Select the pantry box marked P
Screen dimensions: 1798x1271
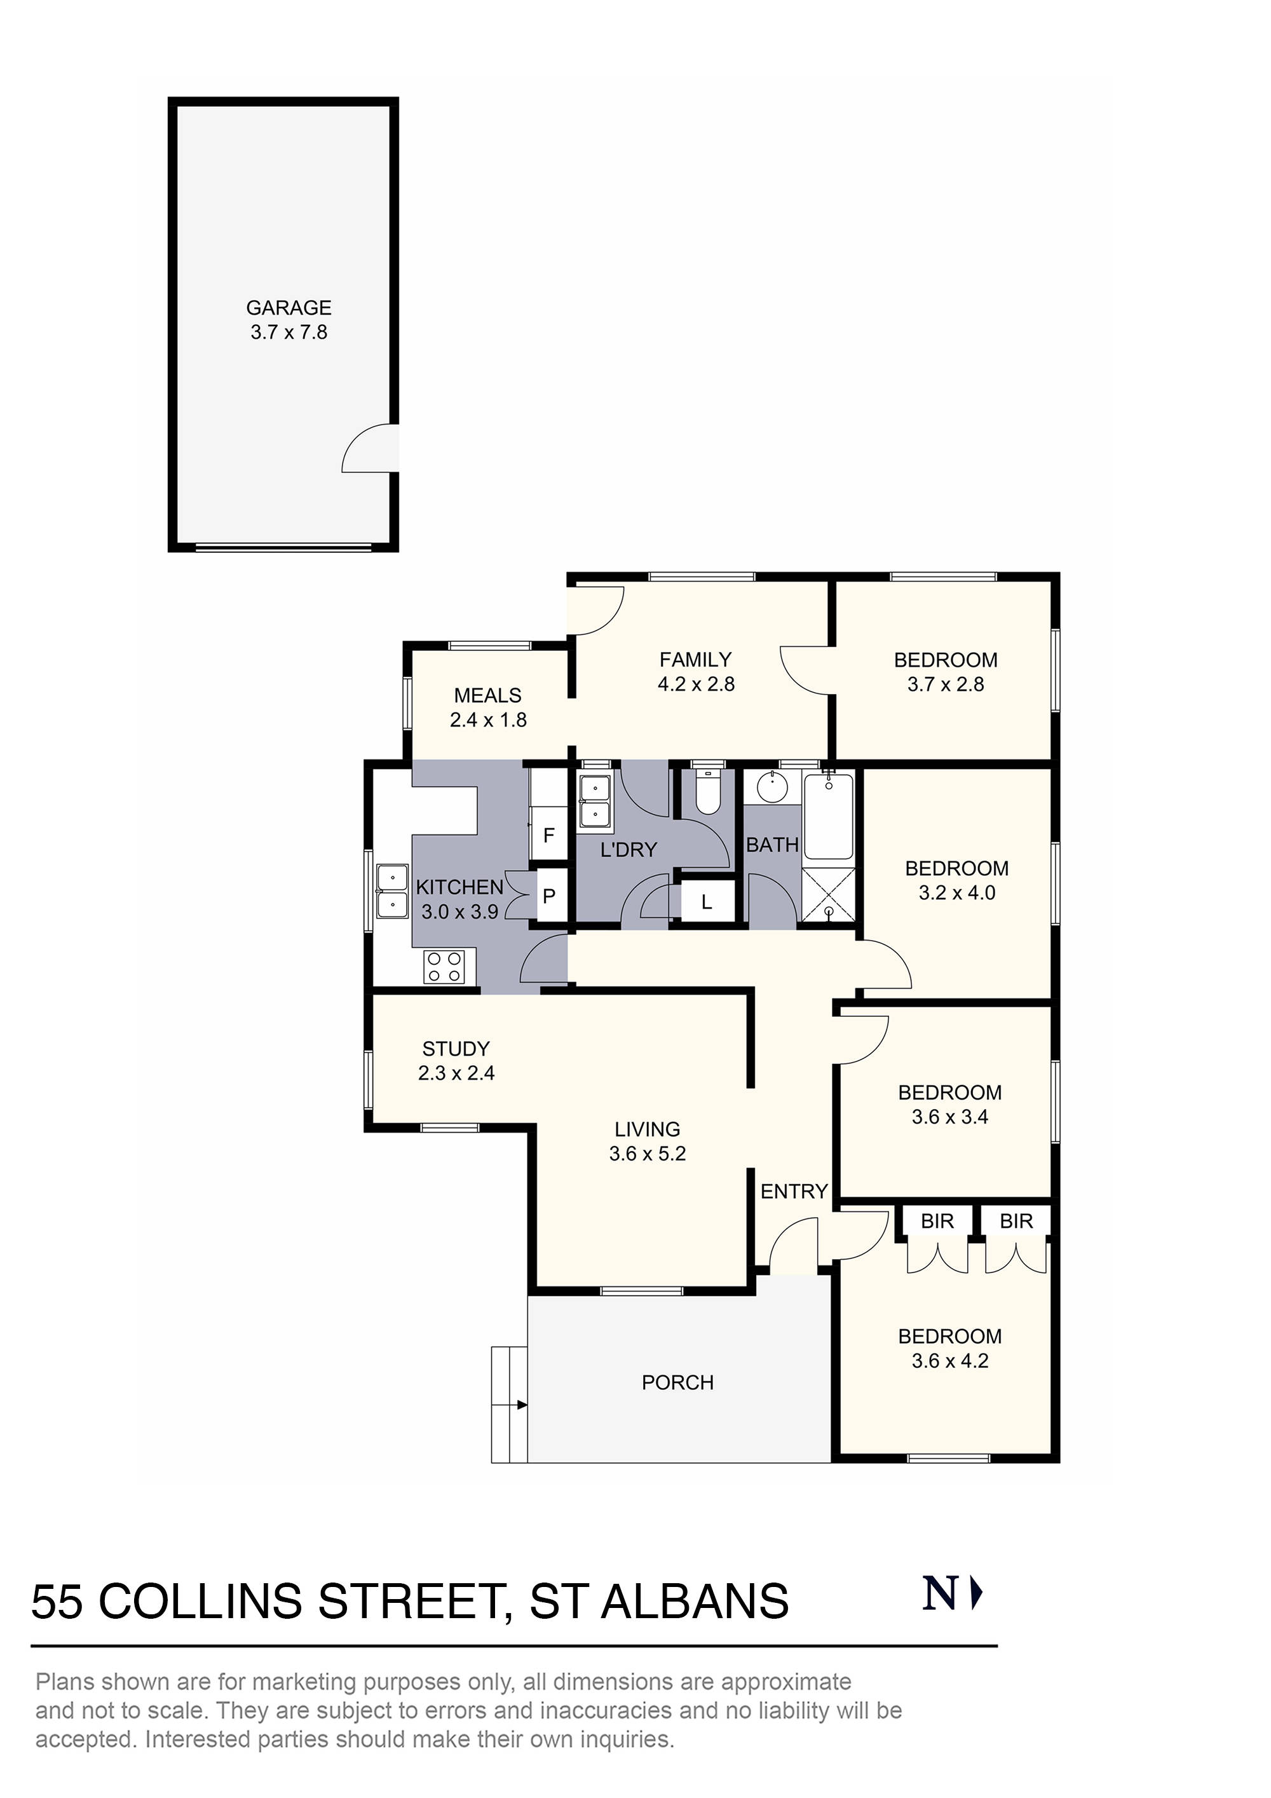pos(549,895)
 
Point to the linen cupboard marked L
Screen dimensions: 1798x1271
pos(707,902)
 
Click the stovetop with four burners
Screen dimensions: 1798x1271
pos(444,965)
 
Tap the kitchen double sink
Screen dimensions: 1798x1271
pos(391,891)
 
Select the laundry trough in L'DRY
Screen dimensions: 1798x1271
pos(595,801)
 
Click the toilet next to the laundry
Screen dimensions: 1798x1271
pos(708,793)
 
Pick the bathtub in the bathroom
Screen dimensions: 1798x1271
pos(829,816)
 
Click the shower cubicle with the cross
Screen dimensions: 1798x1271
pos(829,894)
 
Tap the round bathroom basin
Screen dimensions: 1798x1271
pos(773,787)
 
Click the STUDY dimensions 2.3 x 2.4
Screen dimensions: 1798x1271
pos(456,1073)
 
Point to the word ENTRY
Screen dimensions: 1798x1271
pos(794,1191)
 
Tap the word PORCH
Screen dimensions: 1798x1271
pos(677,1382)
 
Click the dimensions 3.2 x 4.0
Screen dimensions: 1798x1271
pos(957,893)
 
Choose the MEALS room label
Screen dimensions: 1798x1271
pos(488,695)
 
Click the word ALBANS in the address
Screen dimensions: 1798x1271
pos(695,1602)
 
